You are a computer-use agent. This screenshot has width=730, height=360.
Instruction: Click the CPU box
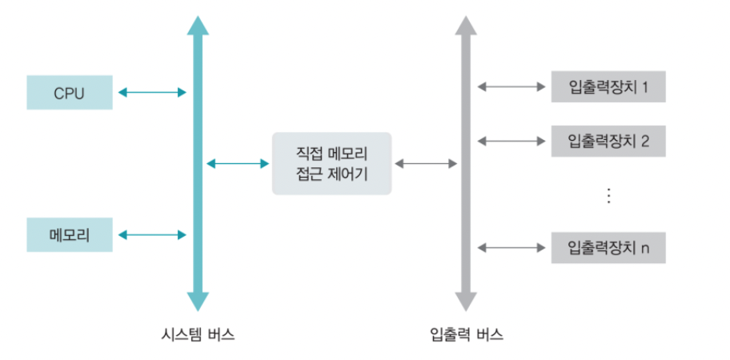(69, 93)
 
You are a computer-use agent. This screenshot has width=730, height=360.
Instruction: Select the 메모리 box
(69, 234)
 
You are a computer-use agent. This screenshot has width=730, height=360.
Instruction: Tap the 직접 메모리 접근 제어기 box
(331, 163)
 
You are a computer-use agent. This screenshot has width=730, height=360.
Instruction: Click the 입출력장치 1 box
(608, 86)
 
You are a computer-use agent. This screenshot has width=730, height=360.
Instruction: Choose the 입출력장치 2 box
(608, 142)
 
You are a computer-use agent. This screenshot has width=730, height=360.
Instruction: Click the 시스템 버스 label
(198, 334)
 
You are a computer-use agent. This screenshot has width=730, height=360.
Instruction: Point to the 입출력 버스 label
(467, 334)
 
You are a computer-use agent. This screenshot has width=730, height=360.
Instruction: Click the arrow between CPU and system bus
(152, 93)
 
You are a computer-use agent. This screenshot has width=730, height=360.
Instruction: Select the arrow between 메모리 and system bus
(152, 234)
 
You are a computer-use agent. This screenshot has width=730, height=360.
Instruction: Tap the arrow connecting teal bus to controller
(238, 164)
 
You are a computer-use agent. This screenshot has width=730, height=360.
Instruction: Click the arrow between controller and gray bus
(425, 164)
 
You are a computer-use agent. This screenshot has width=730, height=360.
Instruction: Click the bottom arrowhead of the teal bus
(198, 302)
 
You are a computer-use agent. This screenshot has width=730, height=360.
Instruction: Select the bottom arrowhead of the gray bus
(467, 302)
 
